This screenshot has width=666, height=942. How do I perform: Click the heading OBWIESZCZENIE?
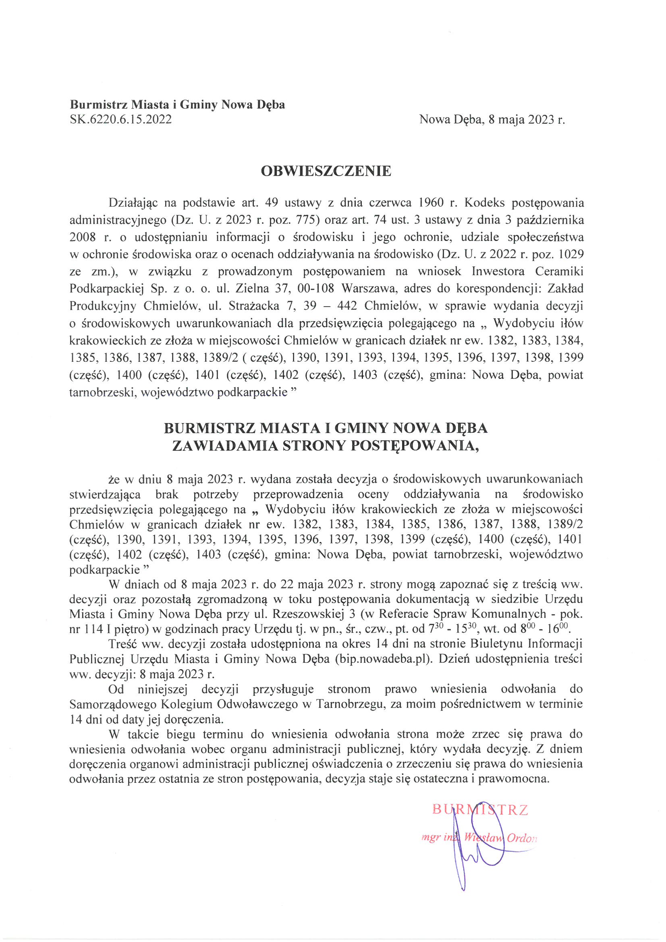326,171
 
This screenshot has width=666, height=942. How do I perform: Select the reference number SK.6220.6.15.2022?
120,119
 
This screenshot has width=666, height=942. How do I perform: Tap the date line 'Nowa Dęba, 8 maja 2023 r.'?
492,119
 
